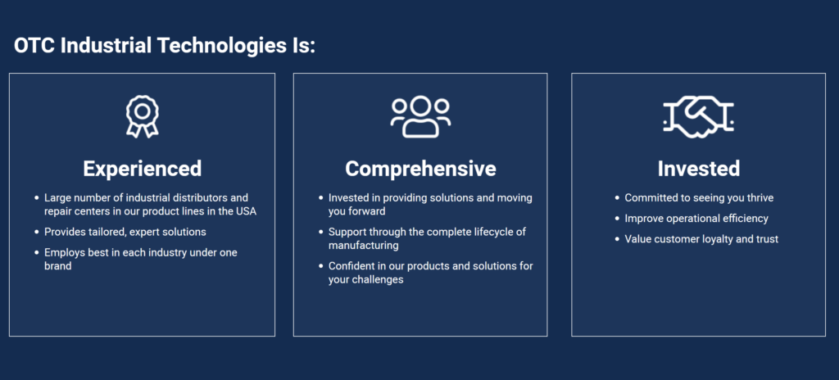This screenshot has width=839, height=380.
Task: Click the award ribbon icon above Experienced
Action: [x=143, y=111]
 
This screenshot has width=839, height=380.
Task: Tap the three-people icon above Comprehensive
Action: [x=420, y=116]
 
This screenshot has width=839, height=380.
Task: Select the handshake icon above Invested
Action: [x=698, y=117]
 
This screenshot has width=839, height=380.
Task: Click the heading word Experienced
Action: [x=143, y=169]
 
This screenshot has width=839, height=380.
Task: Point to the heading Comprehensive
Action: [x=420, y=170]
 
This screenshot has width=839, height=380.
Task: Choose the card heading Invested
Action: [x=699, y=169]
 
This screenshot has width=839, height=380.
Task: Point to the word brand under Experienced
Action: [x=58, y=266]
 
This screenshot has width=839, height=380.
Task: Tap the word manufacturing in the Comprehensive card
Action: [x=363, y=246]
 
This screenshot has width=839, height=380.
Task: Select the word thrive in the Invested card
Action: [x=760, y=198]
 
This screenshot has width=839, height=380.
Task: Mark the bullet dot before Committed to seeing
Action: [x=617, y=198]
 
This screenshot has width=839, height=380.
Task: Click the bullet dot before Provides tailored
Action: [x=36, y=233]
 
